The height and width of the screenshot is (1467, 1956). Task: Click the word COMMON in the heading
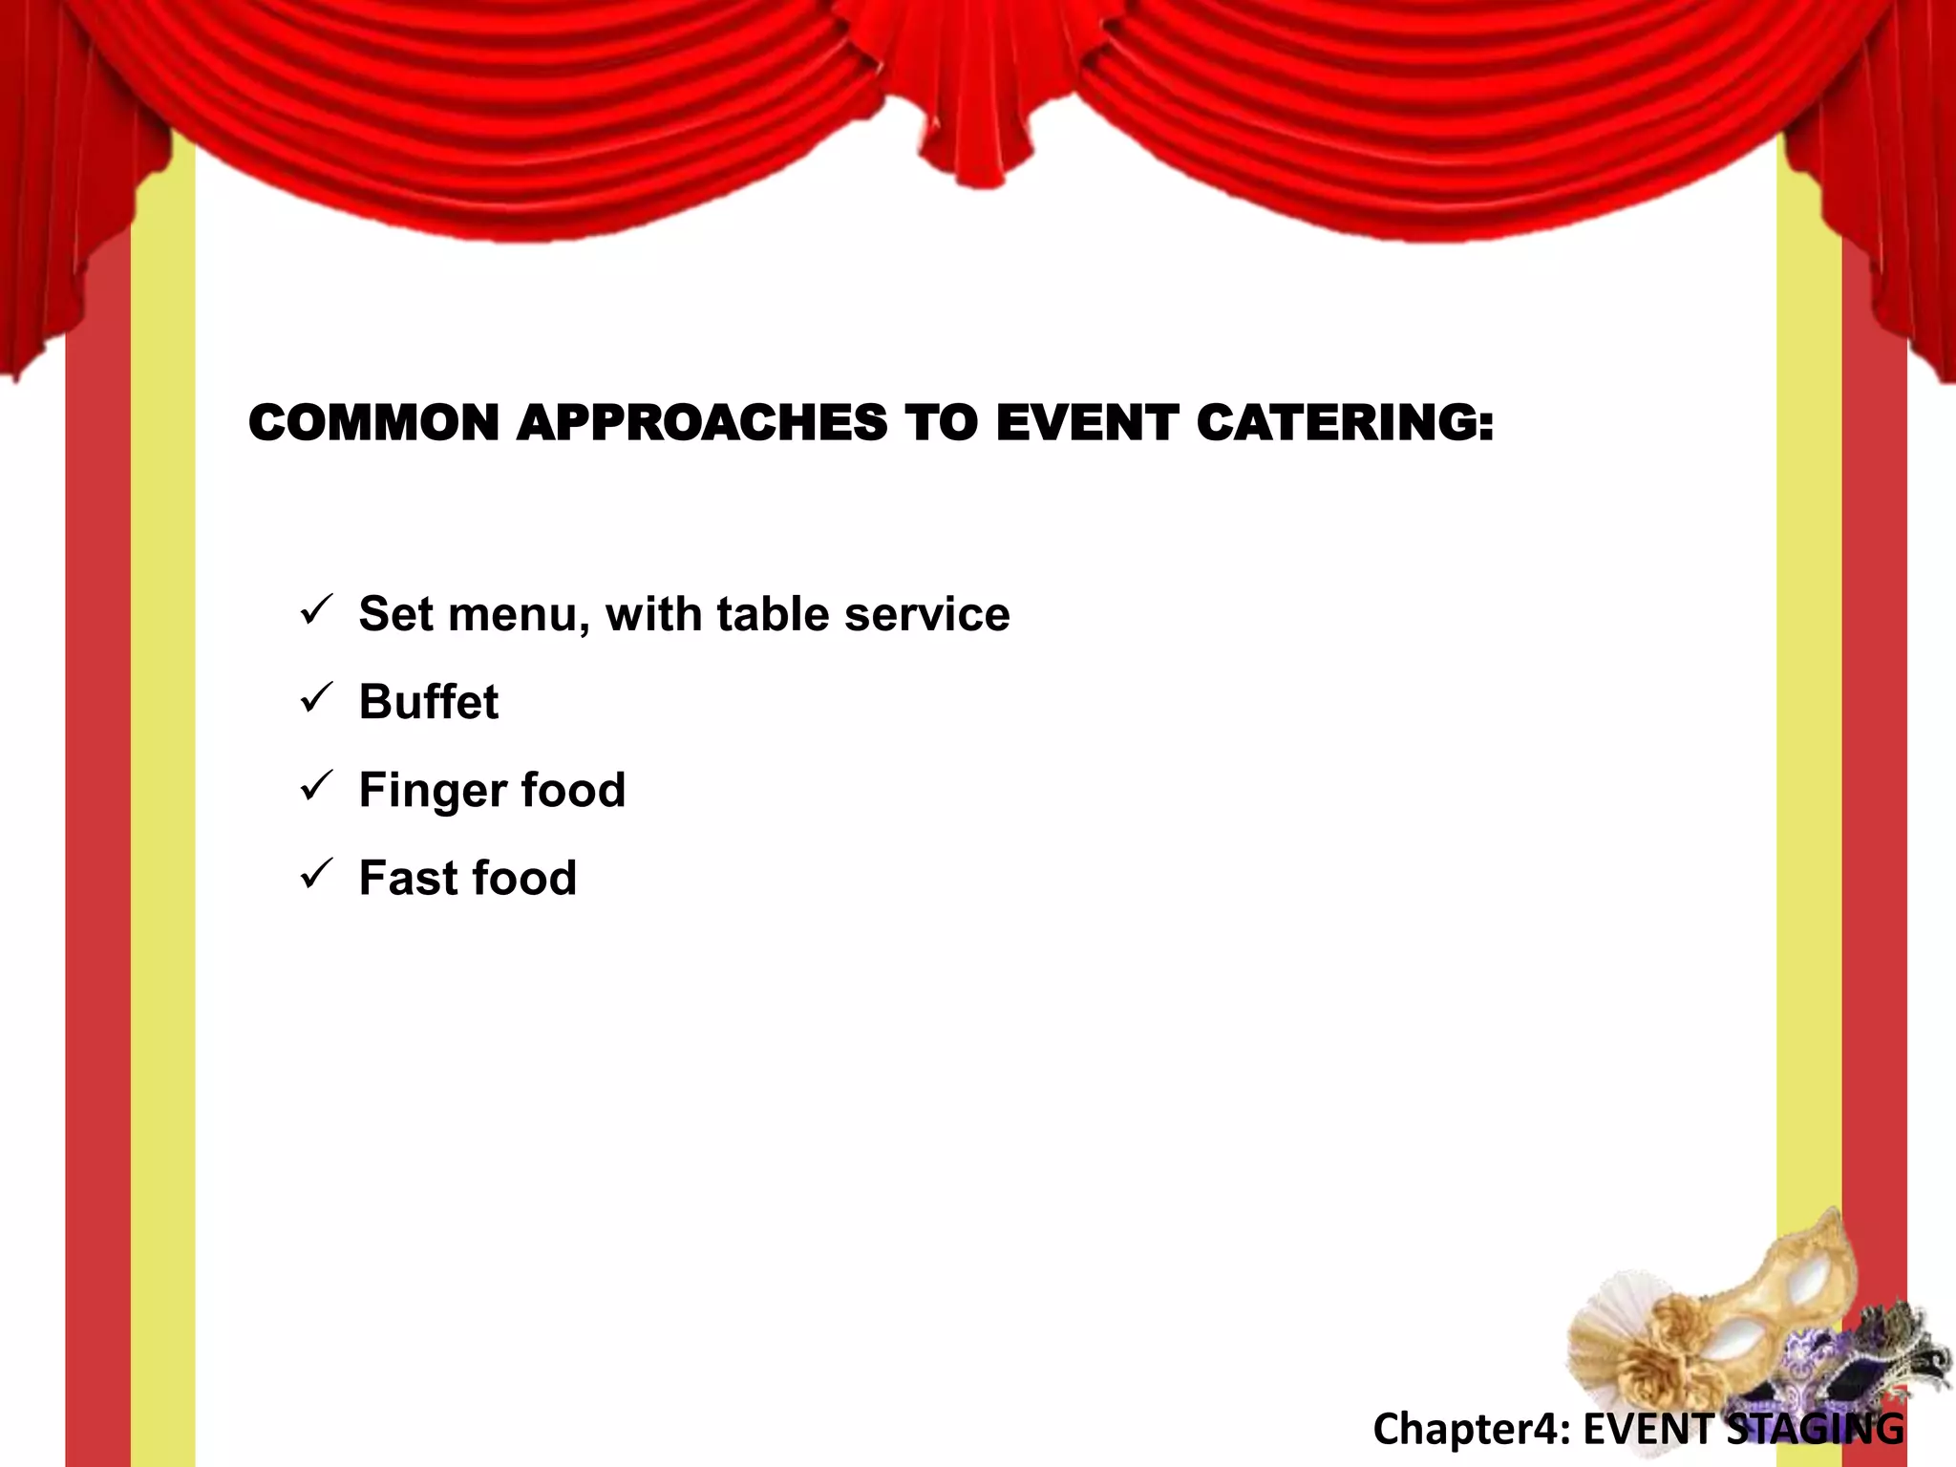pyautogui.click(x=373, y=423)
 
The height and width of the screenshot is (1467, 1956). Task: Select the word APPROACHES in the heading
pyautogui.click(x=701, y=423)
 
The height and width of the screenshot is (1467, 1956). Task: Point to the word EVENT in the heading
pyautogui.click(x=1086, y=423)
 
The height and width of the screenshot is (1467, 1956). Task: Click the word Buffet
pyautogui.click(x=429, y=702)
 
